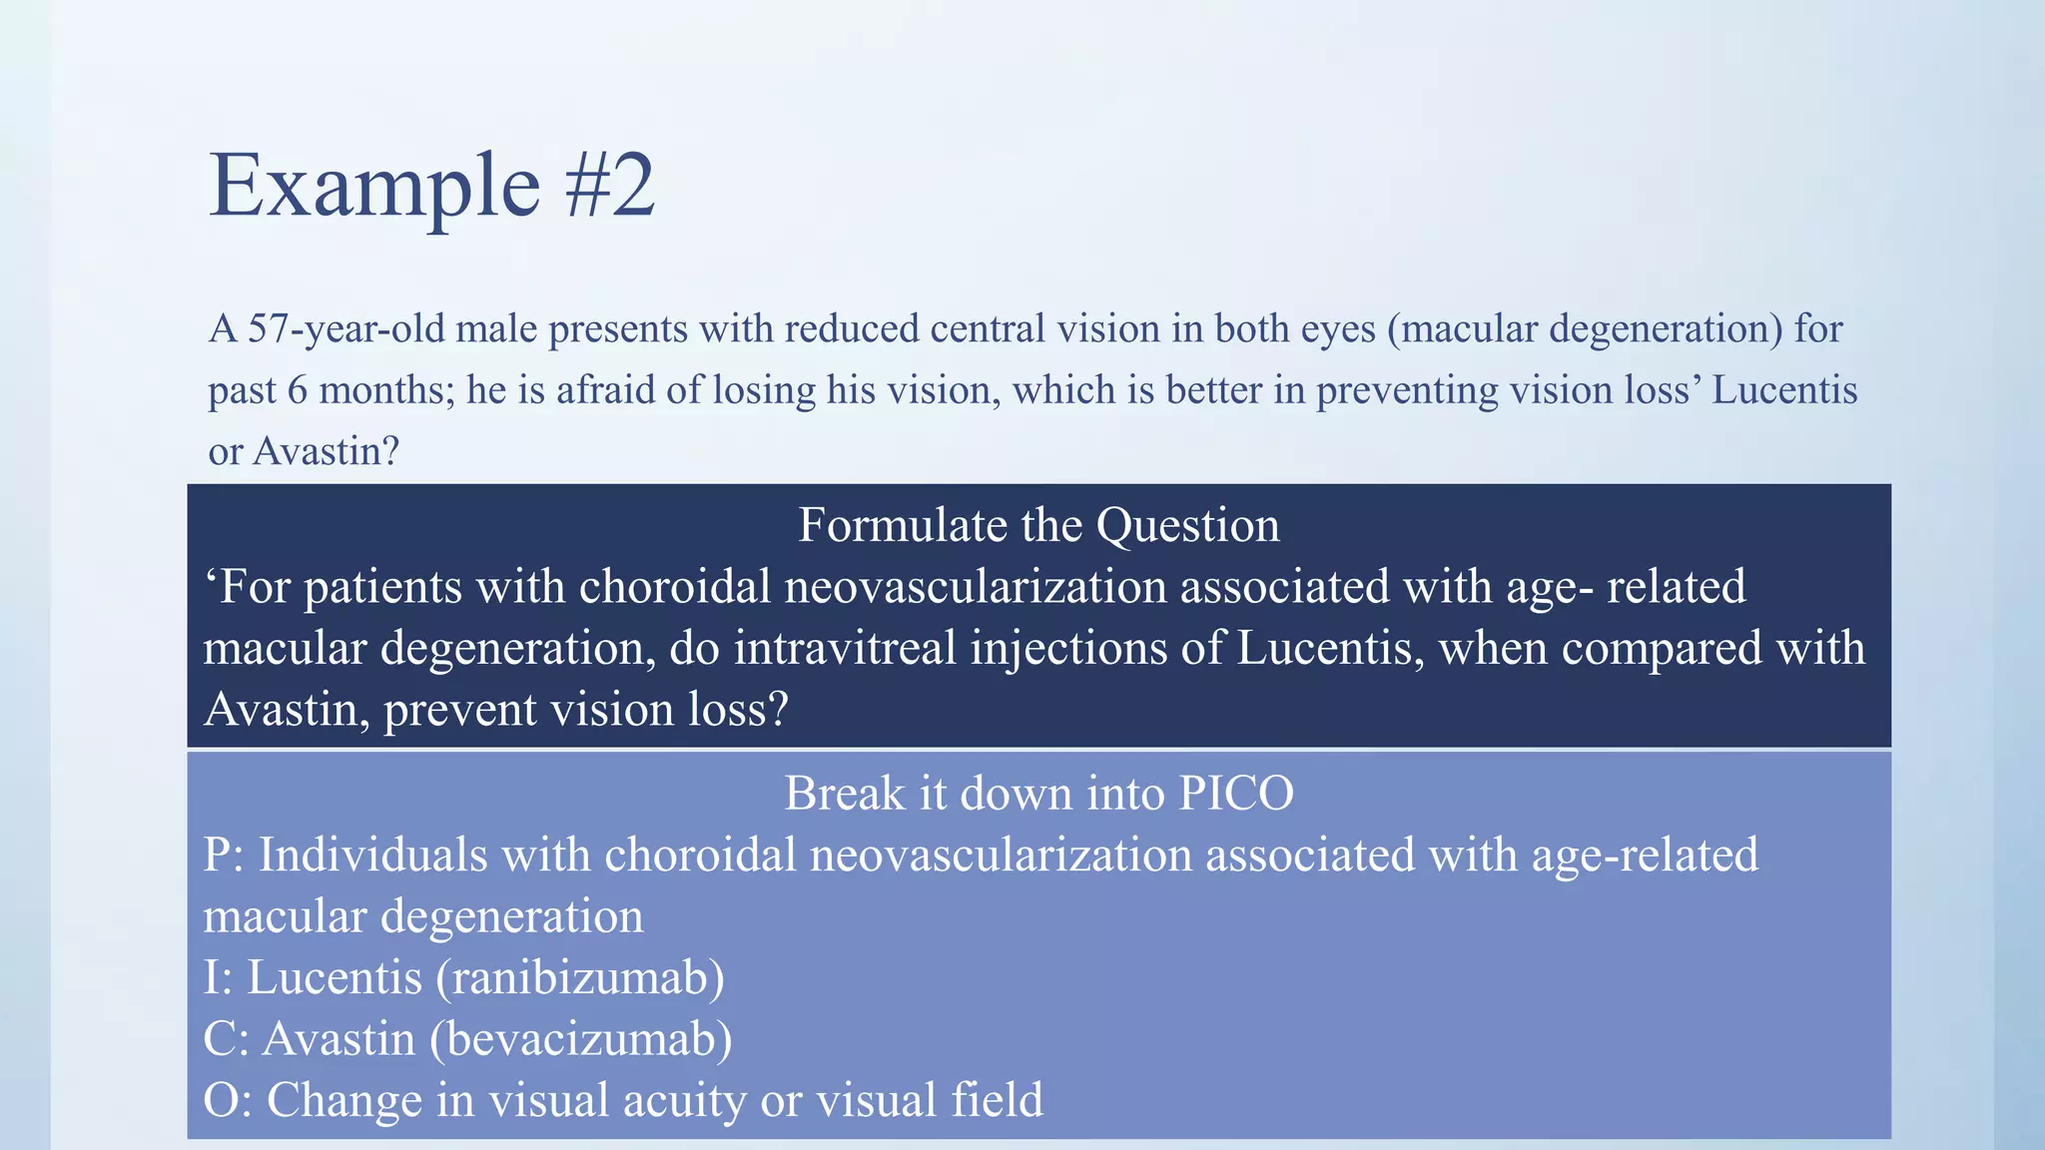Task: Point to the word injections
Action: tap(1068, 648)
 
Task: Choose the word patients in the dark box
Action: tap(382, 587)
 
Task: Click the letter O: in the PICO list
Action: tap(228, 1100)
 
